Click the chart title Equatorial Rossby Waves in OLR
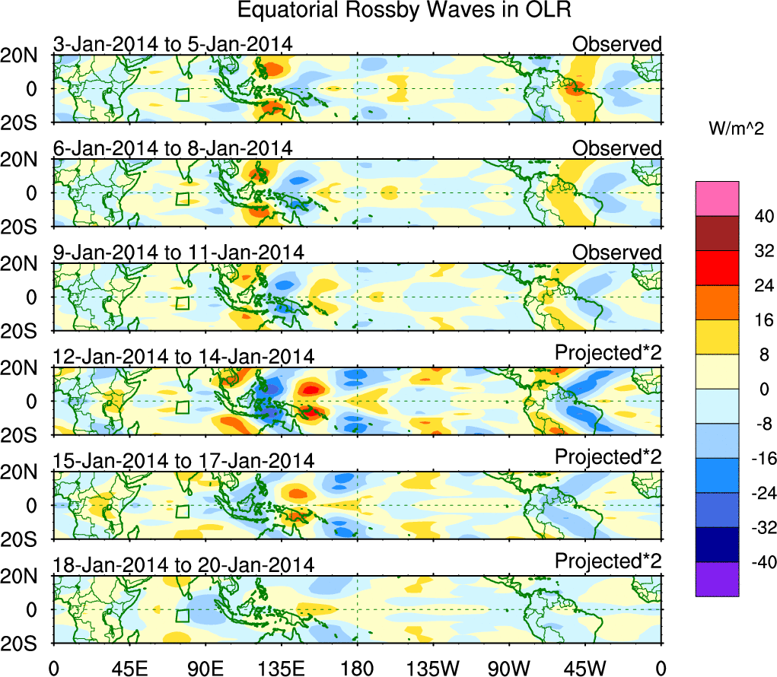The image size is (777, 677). (x=404, y=11)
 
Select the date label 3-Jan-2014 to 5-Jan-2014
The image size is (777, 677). (x=173, y=44)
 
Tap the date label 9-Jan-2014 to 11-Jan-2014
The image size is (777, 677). (x=179, y=253)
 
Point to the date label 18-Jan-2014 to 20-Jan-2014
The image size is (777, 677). (x=183, y=565)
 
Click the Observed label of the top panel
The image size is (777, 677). (x=616, y=44)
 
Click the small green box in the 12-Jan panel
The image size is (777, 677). (x=182, y=407)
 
